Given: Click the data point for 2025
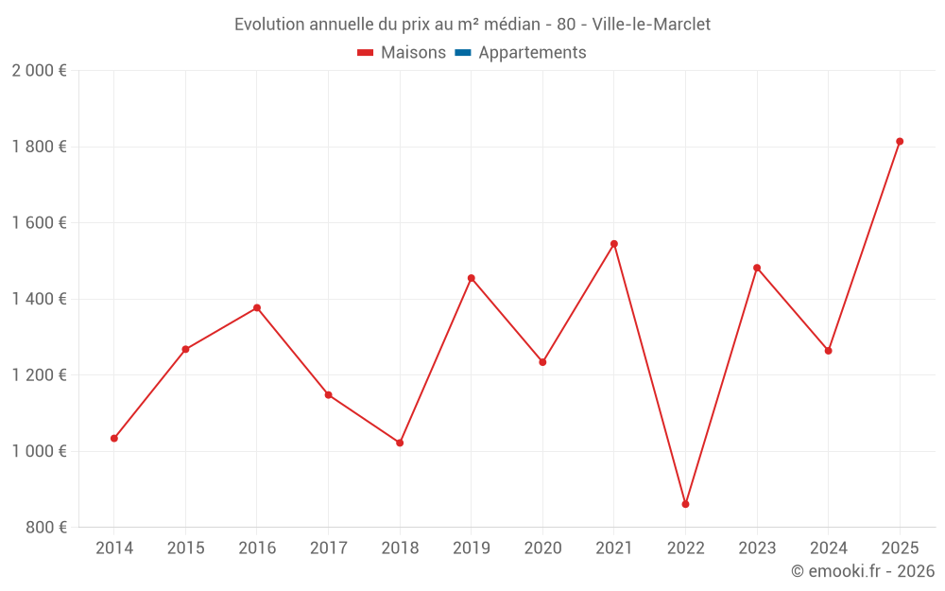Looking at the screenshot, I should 900,142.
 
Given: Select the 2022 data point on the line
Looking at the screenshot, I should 685,504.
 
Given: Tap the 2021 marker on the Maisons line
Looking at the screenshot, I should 614,244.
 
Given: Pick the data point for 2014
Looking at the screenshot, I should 114,439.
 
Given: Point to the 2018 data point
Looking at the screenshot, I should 400,443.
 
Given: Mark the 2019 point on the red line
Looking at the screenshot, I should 472,278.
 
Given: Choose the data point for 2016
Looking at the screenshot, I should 257,308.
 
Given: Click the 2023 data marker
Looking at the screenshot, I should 757,268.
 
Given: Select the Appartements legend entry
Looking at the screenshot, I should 532,53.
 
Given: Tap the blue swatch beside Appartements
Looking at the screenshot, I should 463,53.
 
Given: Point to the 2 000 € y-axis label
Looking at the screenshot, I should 39,71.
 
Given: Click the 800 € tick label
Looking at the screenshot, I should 45,528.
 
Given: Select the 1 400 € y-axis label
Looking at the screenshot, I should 39,299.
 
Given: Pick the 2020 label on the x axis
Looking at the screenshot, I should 542,548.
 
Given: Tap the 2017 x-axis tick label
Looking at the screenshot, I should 328,548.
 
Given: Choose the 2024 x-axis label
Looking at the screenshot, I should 828,548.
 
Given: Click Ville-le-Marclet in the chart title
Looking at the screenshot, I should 651,24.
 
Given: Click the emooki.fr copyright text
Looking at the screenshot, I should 863,571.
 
